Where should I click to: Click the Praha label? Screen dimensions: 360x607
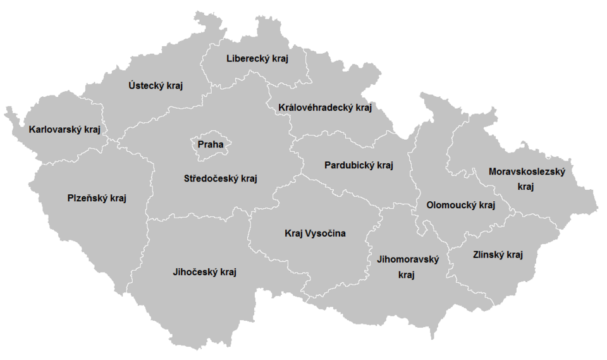click(211, 145)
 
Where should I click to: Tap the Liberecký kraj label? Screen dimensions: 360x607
click(257, 59)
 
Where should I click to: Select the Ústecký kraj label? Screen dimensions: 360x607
click(155, 86)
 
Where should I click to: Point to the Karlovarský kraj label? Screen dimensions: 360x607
click(64, 130)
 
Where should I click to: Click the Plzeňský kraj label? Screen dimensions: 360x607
click(97, 198)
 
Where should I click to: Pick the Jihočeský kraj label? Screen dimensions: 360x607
click(204, 272)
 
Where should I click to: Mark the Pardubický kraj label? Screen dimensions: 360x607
click(359, 166)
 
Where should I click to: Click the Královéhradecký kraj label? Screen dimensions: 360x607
click(324, 108)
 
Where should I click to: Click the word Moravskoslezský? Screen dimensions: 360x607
click(526, 171)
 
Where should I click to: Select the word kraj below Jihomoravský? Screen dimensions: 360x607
click(407, 275)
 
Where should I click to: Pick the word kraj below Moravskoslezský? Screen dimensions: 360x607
click(526, 187)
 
